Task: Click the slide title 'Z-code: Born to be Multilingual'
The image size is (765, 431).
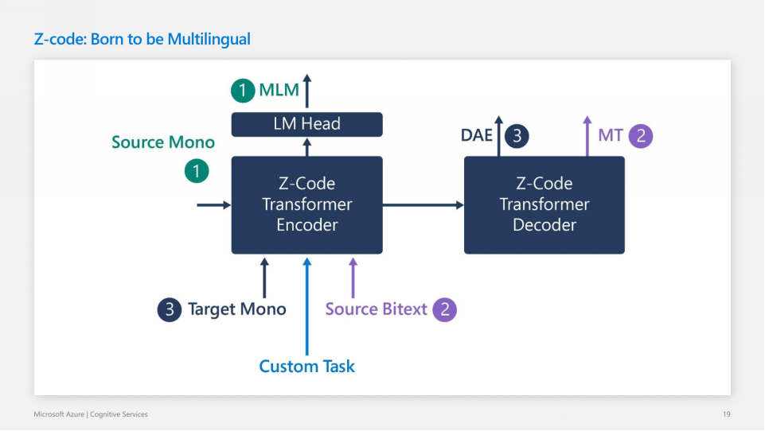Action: point(142,39)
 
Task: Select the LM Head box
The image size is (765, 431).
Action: point(306,124)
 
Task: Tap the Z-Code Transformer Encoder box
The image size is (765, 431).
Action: point(306,204)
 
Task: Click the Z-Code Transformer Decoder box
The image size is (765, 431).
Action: point(544,204)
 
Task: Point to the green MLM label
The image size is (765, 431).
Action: point(279,90)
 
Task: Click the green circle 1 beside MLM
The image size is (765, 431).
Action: point(243,90)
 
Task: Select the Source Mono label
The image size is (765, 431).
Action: point(163,142)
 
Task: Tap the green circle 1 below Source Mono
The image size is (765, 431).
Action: point(197,170)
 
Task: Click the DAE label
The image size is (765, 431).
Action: point(477,135)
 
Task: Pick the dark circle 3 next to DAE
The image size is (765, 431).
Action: point(517,135)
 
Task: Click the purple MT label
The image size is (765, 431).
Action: point(610,135)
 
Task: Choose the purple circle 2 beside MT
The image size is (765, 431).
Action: point(641,135)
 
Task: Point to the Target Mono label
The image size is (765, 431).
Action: point(236,309)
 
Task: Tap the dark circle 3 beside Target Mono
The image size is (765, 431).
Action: point(169,309)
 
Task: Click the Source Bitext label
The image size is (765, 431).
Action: point(377,309)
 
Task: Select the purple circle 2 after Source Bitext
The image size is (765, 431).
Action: point(445,309)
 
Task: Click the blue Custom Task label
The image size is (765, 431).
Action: point(306,367)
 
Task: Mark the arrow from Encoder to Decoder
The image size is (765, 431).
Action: point(423,205)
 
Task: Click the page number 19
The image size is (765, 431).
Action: point(725,414)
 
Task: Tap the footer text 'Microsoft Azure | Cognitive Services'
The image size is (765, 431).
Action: point(90,414)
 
